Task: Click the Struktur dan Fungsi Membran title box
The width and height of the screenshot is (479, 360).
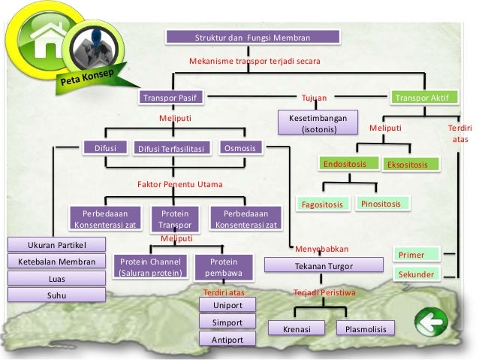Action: pos(252,37)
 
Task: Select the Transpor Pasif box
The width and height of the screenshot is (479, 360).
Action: pos(173,98)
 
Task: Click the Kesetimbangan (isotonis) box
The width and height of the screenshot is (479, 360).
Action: pos(318,124)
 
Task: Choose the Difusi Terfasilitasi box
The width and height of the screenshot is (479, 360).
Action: pos(173,149)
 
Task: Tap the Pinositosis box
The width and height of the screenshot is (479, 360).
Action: pos(383,203)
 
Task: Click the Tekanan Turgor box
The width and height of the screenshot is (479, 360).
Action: pos(324,266)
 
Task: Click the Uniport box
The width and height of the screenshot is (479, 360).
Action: pos(227,305)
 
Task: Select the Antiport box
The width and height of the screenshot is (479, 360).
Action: pos(227,340)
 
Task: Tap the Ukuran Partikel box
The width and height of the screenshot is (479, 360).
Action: pos(57,245)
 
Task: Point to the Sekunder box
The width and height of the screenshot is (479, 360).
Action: pos(416,274)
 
